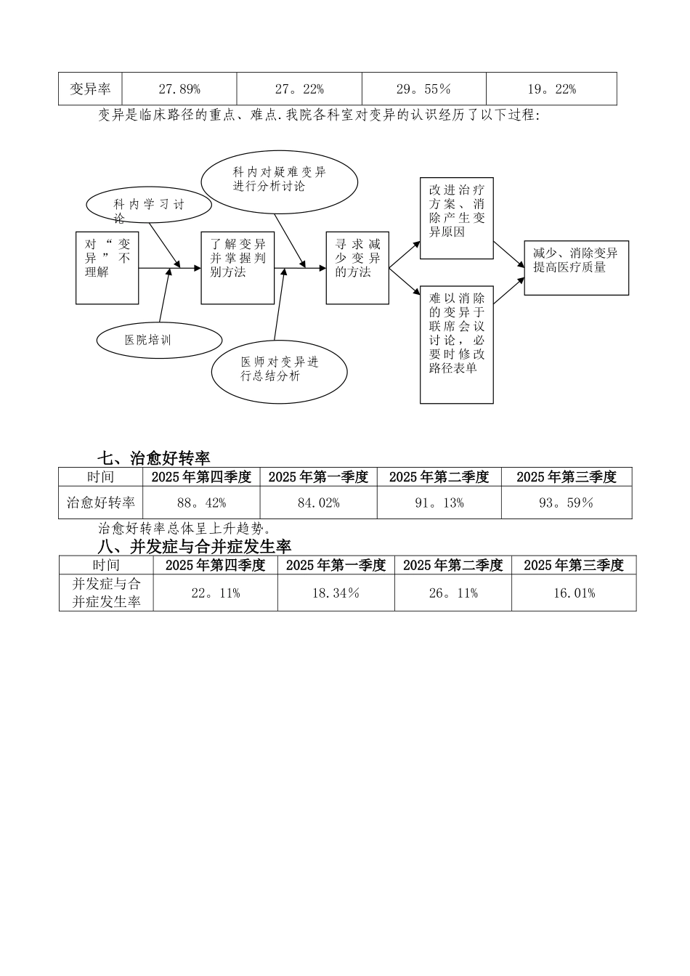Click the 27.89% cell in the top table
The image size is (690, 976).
click(179, 89)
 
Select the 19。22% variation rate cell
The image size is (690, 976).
click(551, 89)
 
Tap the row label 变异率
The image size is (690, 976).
click(90, 89)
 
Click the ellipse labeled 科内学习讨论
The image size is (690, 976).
click(149, 205)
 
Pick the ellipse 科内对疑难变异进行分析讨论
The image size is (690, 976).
click(279, 179)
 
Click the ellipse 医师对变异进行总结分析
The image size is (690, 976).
click(280, 369)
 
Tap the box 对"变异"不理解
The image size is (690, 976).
click(107, 267)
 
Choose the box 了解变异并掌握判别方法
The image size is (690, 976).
click(238, 267)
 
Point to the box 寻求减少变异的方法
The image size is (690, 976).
click(357, 267)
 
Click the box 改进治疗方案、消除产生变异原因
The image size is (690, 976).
click(457, 218)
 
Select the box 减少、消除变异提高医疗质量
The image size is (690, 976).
click(576, 267)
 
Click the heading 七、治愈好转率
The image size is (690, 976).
click(154, 458)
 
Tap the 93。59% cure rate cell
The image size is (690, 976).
click(566, 503)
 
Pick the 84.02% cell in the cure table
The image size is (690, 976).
click(318, 503)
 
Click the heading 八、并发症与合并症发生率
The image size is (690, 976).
click(195, 546)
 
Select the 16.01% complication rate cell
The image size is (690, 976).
click(574, 593)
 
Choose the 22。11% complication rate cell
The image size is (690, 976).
click(215, 593)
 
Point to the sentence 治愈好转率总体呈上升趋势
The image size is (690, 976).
click(184, 529)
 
